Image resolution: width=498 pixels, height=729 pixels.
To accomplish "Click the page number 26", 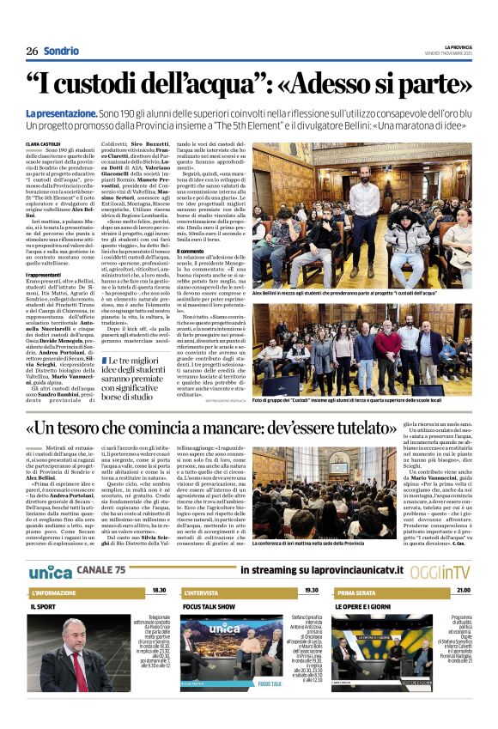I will tap(31, 51).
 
